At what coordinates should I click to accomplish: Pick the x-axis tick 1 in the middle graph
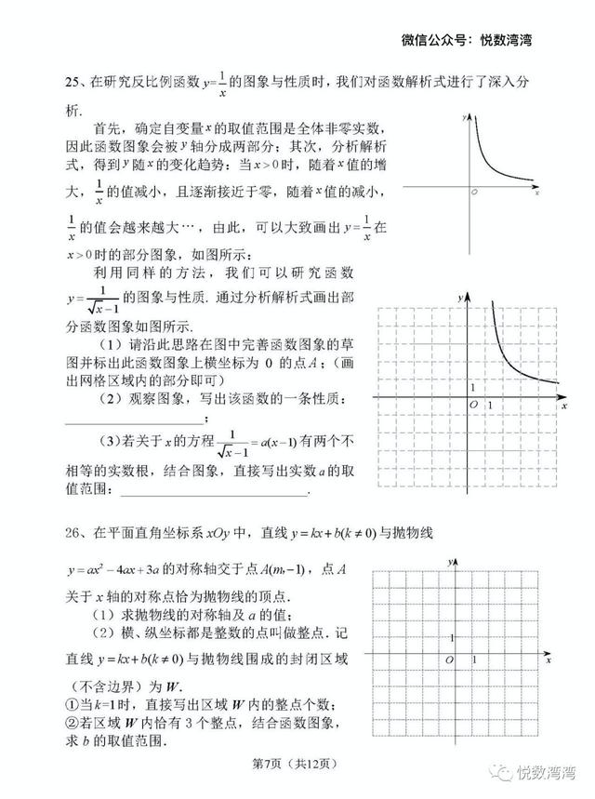pyautogui.click(x=489, y=407)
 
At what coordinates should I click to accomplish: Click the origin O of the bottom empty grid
pyautogui.click(x=450, y=659)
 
